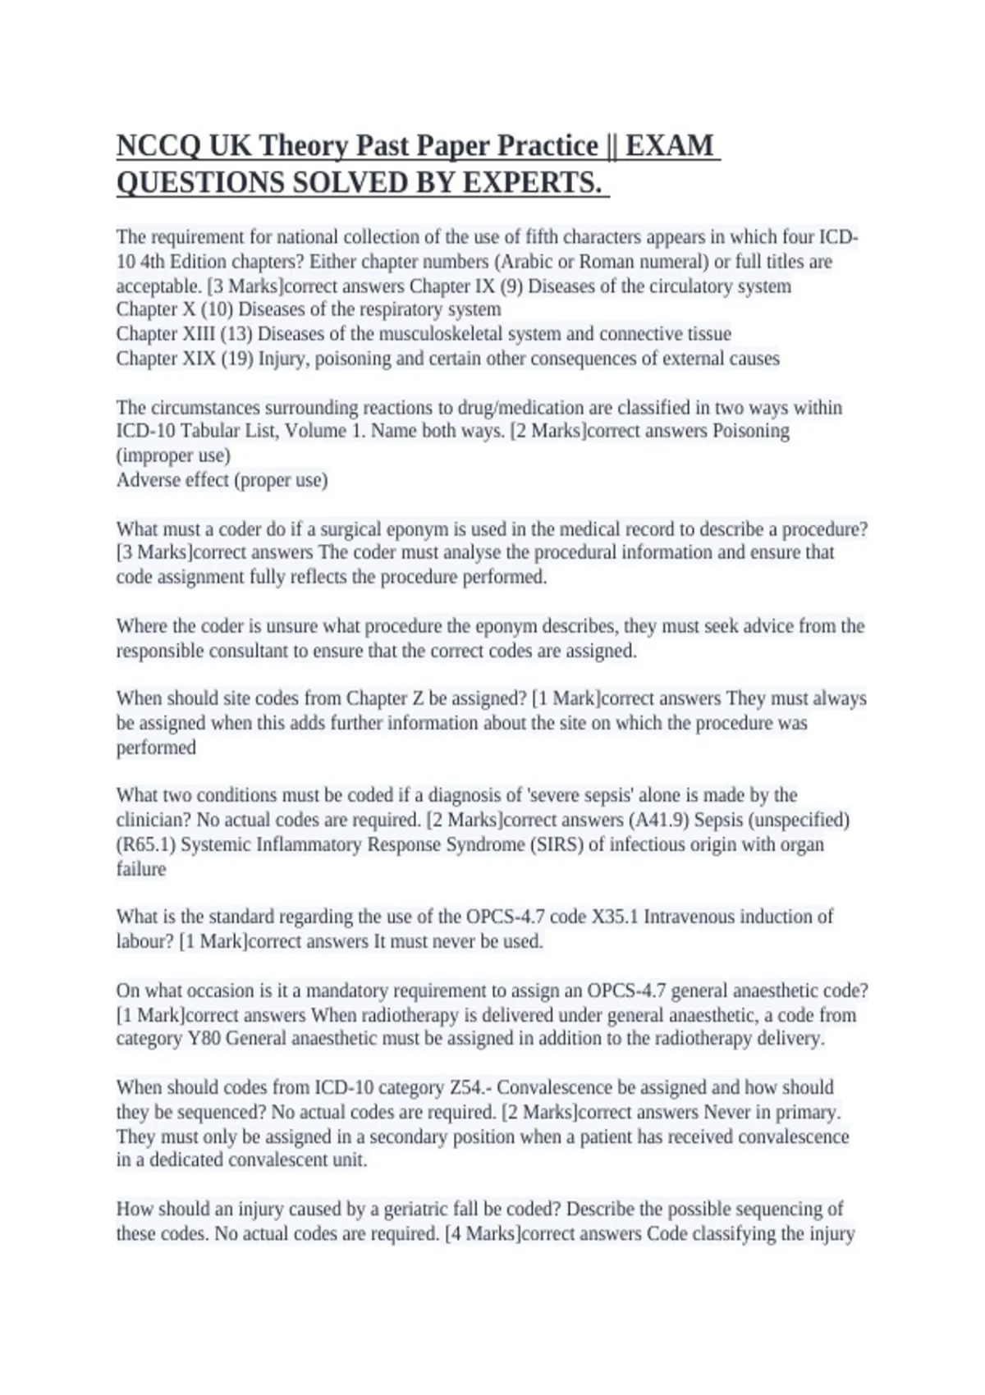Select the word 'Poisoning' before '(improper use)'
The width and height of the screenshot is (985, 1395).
pyautogui.click(x=750, y=431)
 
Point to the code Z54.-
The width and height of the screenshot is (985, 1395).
pyautogui.click(x=470, y=1087)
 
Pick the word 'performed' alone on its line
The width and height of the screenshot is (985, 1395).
pyautogui.click(x=156, y=748)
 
